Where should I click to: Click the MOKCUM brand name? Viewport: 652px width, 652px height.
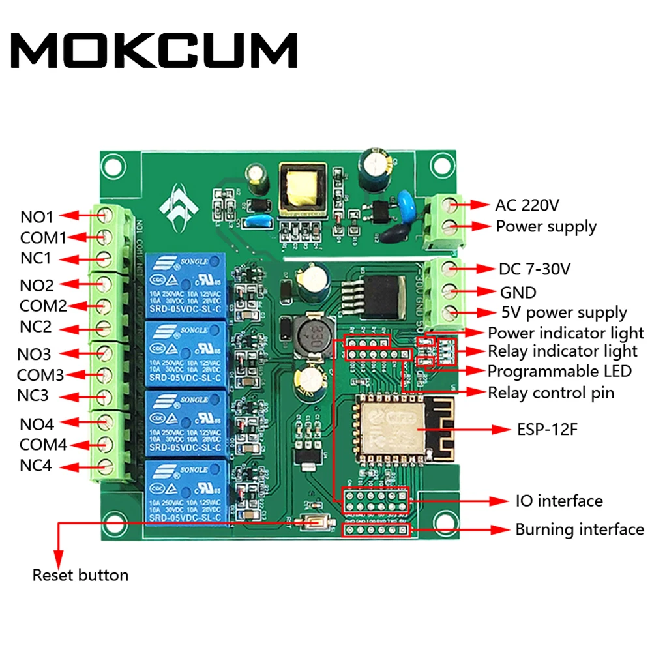155,51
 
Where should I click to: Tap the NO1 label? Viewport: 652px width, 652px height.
37,216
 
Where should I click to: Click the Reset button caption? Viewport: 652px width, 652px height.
80,575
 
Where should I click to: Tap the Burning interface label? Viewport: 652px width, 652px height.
579,529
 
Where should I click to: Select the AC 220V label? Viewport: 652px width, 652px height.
527,205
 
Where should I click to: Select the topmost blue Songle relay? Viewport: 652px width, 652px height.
187,285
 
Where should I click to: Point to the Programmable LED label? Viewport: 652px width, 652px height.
559,371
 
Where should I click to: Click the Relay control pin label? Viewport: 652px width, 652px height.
551,393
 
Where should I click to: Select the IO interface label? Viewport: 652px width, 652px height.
559,501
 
